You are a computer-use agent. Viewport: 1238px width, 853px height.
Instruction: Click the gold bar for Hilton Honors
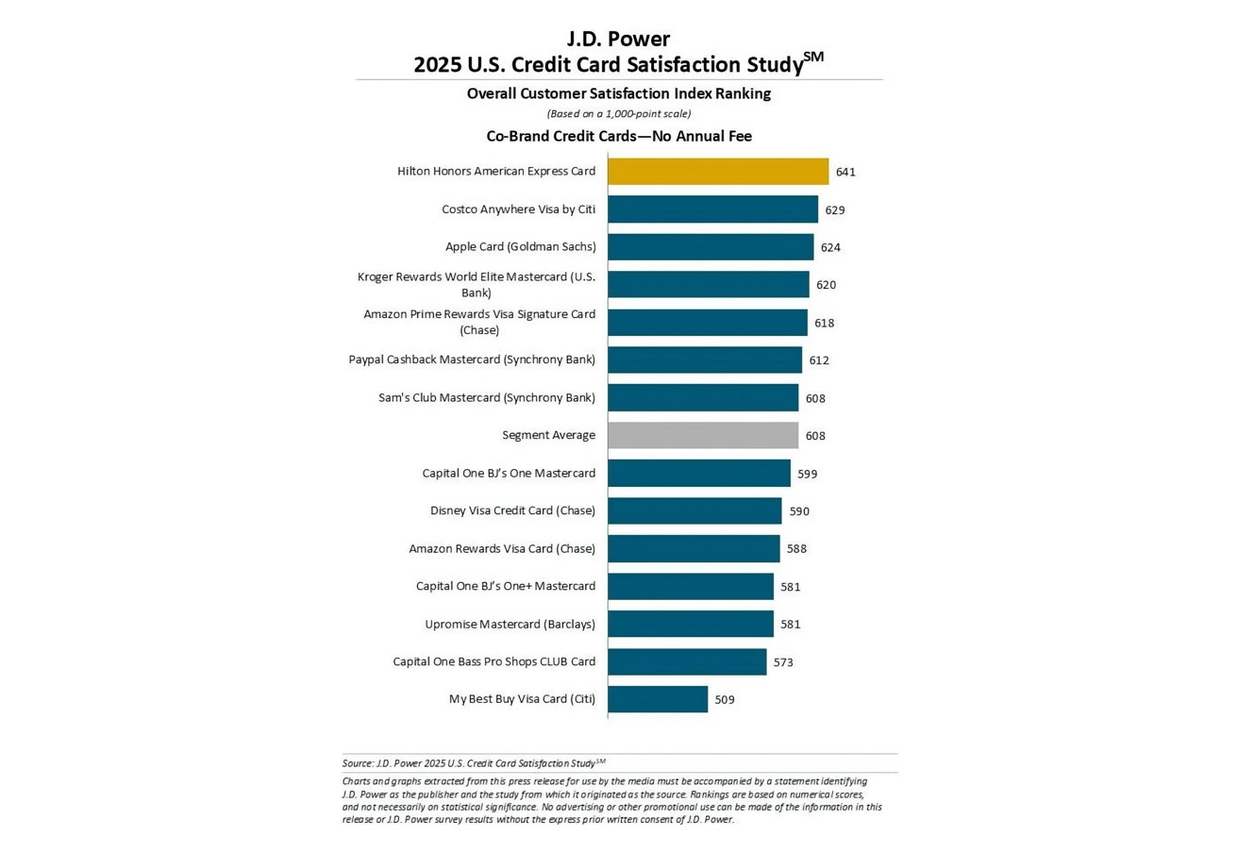[x=717, y=172]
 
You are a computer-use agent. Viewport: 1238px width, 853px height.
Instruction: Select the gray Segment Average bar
[x=702, y=435]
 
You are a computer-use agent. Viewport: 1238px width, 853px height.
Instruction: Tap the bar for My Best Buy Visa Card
[x=657, y=699]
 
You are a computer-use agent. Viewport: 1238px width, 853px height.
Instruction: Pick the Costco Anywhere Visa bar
[x=711, y=209]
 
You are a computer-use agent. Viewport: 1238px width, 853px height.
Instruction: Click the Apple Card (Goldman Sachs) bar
[x=710, y=247]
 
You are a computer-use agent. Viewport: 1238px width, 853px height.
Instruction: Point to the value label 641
[x=845, y=172]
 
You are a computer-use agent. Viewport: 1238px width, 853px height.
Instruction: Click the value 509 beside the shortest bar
[x=725, y=700]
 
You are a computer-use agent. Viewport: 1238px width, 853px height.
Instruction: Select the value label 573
[x=783, y=662]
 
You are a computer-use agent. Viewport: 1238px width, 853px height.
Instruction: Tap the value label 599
[x=807, y=474]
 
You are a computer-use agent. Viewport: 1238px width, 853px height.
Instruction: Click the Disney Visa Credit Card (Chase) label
[x=512, y=510]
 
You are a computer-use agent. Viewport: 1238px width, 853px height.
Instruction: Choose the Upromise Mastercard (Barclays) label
[x=510, y=624]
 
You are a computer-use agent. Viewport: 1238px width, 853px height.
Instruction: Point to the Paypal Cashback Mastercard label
[x=472, y=360]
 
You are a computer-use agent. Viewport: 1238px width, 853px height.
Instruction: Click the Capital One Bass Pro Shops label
[x=494, y=661]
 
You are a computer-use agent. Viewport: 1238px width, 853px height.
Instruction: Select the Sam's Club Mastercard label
[x=487, y=397]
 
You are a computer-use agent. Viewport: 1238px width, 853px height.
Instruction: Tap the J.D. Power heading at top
[x=618, y=39]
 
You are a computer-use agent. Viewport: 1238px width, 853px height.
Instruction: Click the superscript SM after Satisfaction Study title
[x=813, y=58]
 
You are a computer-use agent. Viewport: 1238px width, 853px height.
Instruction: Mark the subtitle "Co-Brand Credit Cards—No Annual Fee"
[x=619, y=136]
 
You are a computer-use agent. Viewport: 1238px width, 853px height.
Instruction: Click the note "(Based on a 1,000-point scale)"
[x=619, y=114]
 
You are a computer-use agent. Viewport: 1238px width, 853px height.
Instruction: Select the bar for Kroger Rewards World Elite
[x=708, y=285]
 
